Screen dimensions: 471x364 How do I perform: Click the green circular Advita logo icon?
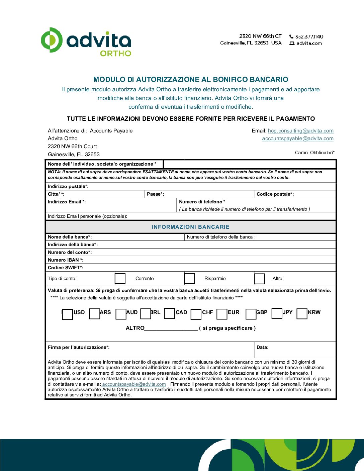52,40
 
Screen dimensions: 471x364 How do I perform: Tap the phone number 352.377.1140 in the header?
309,36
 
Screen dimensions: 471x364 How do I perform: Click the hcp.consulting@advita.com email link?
300,131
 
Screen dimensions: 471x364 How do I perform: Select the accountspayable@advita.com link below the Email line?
298,138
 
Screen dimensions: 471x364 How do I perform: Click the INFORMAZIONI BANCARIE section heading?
190,227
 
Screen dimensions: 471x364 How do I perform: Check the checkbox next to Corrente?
120,278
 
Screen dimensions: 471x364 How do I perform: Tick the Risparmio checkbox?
189,278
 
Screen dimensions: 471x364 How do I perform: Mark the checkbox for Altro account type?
259,279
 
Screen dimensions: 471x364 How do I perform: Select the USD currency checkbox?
67,314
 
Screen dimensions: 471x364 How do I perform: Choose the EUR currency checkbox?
222,314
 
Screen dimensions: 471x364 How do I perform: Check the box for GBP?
251,314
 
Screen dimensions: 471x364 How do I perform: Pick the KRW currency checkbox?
302,314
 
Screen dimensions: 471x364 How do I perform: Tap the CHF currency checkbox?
196,314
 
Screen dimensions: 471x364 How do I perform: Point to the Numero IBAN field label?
66,260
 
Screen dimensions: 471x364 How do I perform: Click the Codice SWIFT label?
65,268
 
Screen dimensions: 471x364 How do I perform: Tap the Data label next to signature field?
262,347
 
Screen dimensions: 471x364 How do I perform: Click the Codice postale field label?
275,194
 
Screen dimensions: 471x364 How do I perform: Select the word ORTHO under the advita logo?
115,53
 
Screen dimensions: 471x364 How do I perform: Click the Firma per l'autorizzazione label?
79,347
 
